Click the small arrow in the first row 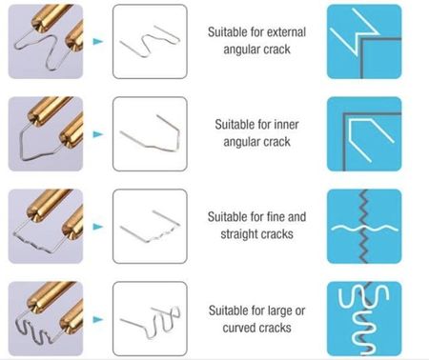coord(98,41)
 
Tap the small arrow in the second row coord(98,134)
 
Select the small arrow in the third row coord(98,227)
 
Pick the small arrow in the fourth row coord(98,319)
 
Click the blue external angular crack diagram coord(364,41)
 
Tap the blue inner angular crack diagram coord(364,134)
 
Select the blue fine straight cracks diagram coord(364,227)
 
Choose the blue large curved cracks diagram coord(364,319)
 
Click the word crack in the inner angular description coord(276,142)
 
